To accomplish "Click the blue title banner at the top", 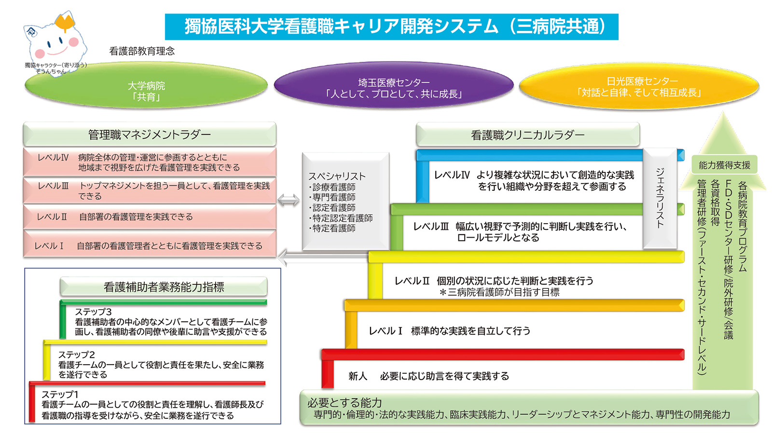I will click(x=391, y=27).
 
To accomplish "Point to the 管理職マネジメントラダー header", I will click(x=150, y=135).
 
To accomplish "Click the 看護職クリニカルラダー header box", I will click(x=527, y=135).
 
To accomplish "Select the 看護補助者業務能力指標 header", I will click(x=164, y=287).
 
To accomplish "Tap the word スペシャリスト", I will click(x=337, y=176).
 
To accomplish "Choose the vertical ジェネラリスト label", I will click(x=660, y=198).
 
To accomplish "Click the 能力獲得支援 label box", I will click(x=724, y=165).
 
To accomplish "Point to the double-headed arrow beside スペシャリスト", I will click(x=289, y=200).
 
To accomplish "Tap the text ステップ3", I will click(x=93, y=312).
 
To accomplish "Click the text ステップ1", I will click(x=60, y=395).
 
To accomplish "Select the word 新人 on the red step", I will click(x=358, y=376).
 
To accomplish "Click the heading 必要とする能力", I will click(x=345, y=402).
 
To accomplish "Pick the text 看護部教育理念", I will click(x=142, y=51).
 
